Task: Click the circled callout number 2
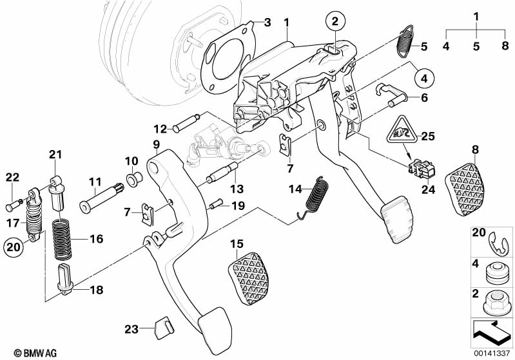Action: tap(335, 22)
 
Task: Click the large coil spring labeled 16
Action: tap(65, 240)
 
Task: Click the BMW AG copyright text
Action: tap(23, 352)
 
